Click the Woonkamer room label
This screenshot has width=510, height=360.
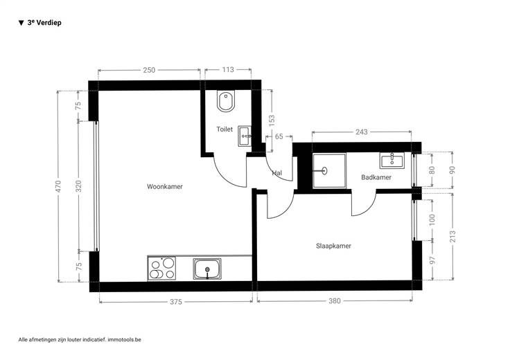[x=165, y=186]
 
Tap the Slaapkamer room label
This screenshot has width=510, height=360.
[x=333, y=246]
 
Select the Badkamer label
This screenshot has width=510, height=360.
[x=376, y=177]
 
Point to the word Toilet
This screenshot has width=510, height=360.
[x=225, y=129]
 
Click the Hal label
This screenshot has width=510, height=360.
[x=276, y=173]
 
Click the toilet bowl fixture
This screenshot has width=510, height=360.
[x=226, y=100]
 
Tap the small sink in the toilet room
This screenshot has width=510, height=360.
[x=245, y=136]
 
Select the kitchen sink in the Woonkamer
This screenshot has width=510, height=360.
[x=207, y=269]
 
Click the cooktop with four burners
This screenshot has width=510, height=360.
[x=161, y=268]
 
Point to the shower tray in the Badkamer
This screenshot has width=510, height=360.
[x=329, y=170]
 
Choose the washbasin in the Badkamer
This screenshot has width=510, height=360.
[x=392, y=161]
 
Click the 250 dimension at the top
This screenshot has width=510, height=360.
[x=149, y=70]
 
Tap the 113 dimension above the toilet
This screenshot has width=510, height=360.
[x=228, y=69]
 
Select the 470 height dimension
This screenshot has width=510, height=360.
[x=58, y=186]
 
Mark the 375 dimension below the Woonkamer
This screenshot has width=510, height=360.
[x=176, y=302]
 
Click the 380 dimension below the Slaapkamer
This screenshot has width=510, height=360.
[x=335, y=301]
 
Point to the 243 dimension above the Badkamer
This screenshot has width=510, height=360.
[x=361, y=132]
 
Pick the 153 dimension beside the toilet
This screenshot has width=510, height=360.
[x=272, y=120]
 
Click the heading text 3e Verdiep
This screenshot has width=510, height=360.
[x=44, y=23]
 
